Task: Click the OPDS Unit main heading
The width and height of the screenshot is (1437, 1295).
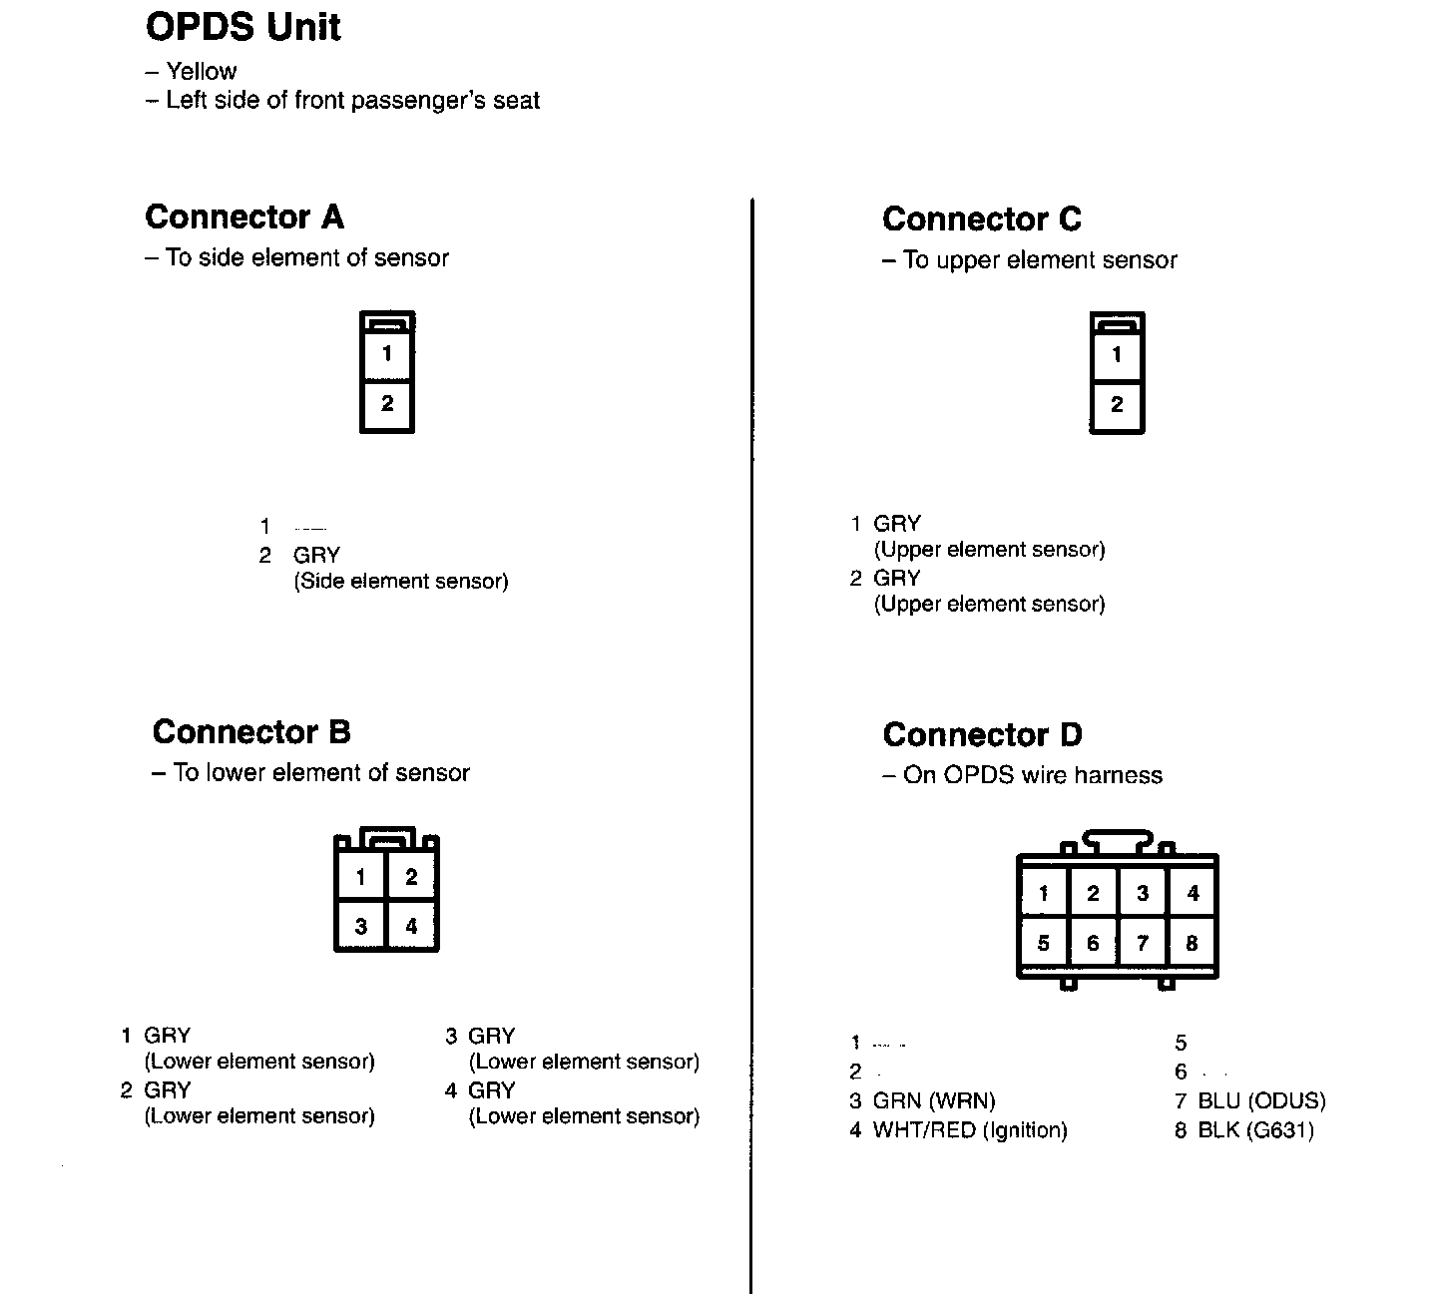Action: [242, 27]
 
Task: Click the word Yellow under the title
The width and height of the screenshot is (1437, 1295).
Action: [201, 72]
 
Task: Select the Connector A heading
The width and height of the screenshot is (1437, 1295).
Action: [243, 216]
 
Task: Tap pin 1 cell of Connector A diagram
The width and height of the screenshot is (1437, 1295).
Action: [387, 353]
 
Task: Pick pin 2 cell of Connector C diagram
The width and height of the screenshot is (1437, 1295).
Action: [1117, 405]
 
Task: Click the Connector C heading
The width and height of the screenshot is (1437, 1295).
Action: [981, 218]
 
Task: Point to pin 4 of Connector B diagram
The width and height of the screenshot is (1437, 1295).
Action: [411, 927]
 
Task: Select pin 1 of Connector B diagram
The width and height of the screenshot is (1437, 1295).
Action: [360, 878]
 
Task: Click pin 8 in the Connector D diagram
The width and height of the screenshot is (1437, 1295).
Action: [1192, 943]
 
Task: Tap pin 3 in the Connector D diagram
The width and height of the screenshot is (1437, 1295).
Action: [1143, 894]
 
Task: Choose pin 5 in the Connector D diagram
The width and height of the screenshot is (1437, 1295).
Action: [1043, 943]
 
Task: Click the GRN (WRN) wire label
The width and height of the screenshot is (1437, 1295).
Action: [934, 1101]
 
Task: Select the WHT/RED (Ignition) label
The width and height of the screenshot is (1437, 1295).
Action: [970, 1130]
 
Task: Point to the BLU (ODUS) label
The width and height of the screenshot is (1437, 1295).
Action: [1261, 1101]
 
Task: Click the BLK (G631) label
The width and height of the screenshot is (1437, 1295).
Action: [1255, 1130]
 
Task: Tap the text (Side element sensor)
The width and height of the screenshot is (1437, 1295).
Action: [400, 582]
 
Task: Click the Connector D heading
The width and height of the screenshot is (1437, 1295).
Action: [982, 735]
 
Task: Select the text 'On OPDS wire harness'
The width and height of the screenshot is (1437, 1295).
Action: [1032, 776]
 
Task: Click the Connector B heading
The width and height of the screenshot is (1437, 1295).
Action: [251, 732]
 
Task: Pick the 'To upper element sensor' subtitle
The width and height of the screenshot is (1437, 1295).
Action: [1039, 260]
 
